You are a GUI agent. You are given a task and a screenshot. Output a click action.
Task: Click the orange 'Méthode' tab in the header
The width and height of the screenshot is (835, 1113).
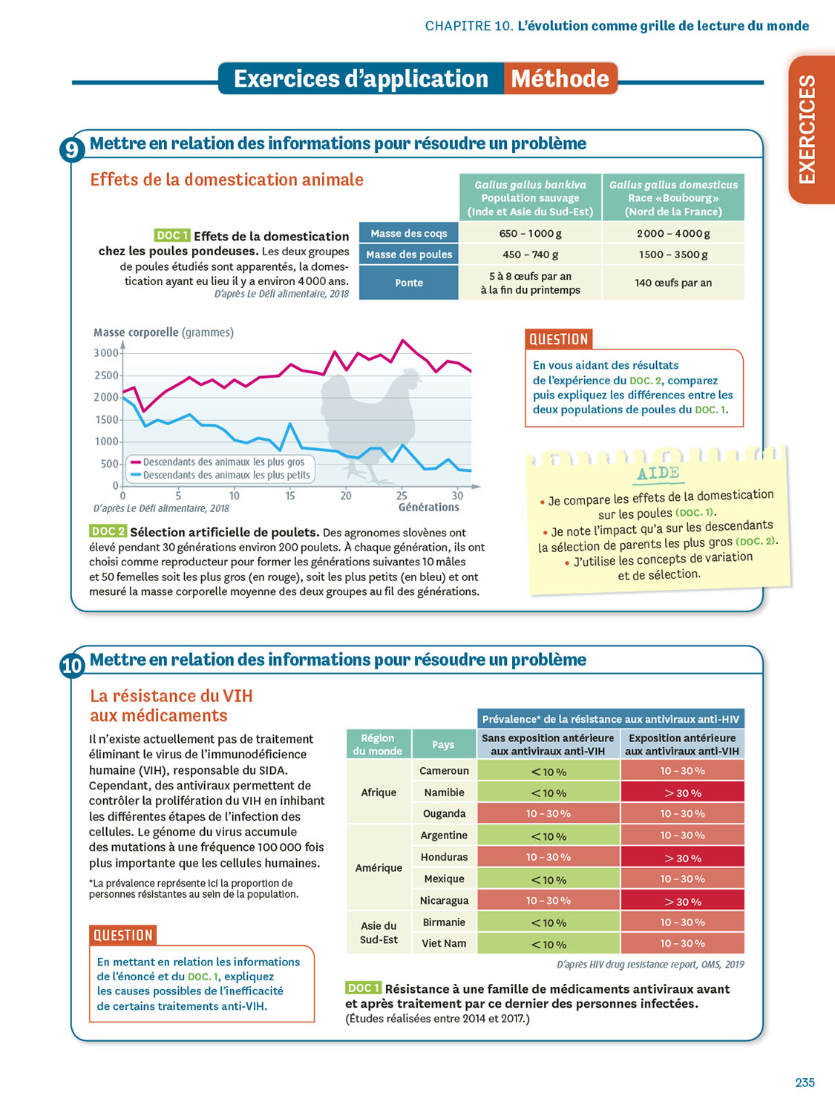pos(560,79)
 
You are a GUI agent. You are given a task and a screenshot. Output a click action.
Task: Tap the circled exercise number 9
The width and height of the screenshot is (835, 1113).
pos(71,150)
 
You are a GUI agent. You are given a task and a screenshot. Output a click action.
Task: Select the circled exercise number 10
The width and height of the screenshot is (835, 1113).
pos(72,666)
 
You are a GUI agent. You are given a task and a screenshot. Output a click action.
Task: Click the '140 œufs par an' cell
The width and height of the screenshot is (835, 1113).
pos(672,283)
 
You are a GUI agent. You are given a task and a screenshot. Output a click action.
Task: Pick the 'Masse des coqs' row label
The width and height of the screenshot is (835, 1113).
pos(409,233)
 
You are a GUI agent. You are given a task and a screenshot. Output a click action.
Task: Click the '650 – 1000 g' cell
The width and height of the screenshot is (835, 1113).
pos(530,233)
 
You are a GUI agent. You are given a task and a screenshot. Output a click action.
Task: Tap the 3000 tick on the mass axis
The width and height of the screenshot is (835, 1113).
pos(106,352)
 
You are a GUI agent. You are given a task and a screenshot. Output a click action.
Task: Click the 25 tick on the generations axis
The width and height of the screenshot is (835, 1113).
pos(402,496)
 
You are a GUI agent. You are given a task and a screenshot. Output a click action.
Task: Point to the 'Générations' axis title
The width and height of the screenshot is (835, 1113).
pos(428,508)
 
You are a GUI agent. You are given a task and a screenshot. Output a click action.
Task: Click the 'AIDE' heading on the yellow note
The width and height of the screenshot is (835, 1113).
pos(658,473)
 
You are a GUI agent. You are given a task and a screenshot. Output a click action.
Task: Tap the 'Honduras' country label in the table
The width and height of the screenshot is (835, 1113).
pos(444,857)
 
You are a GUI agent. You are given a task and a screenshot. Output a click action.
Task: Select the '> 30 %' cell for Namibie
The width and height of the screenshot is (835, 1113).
pos(682,792)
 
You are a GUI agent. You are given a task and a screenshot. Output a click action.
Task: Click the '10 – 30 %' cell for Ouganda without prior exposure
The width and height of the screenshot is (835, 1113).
pos(548,814)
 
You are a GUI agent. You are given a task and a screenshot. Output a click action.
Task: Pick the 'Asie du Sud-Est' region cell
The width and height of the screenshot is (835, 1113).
pos(379,933)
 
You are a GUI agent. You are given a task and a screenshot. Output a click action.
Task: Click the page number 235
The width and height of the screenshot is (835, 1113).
pos(805,1083)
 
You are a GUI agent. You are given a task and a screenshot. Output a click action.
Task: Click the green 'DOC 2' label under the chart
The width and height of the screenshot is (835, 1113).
pos(108,531)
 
